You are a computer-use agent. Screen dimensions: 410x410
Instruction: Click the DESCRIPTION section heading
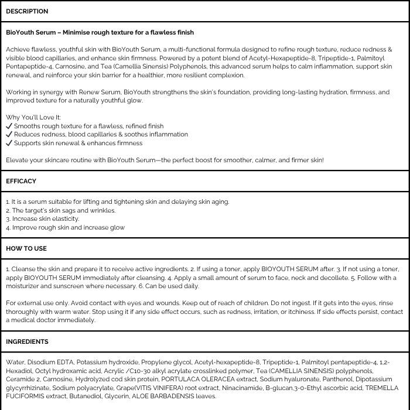coord(27,12)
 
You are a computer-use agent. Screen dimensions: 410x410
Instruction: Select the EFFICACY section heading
coord(21,182)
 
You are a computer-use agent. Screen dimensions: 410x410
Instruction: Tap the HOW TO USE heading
coord(26,249)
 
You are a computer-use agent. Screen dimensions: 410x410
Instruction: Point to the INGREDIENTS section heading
coord(27,341)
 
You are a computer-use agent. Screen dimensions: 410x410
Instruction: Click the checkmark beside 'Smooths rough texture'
coord(9,126)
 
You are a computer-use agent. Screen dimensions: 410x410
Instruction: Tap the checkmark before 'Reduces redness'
coord(9,134)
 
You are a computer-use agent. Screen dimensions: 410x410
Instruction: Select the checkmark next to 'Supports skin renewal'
coord(9,143)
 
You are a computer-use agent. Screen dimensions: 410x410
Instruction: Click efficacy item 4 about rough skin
coord(67,227)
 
